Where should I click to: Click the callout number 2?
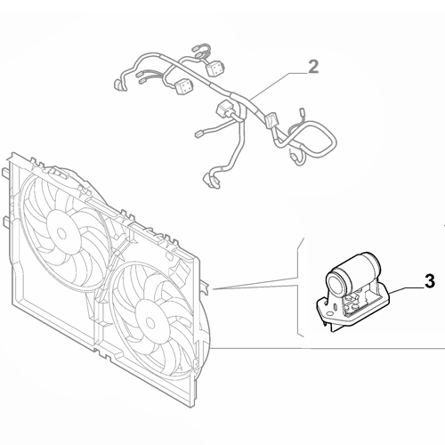(313, 67)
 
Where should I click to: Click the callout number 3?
(429, 281)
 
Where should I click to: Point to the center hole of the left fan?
(61, 233)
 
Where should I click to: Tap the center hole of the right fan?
(150, 322)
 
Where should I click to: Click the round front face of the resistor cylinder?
(336, 280)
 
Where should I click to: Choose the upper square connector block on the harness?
(215, 69)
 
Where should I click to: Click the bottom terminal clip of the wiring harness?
(211, 182)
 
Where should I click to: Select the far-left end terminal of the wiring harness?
(117, 85)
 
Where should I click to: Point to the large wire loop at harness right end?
(314, 139)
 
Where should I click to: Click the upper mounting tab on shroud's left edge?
(5, 173)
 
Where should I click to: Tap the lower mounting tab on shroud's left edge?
(5, 222)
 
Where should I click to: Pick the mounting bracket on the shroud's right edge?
(206, 287)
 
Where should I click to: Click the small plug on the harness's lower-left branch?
(198, 134)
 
